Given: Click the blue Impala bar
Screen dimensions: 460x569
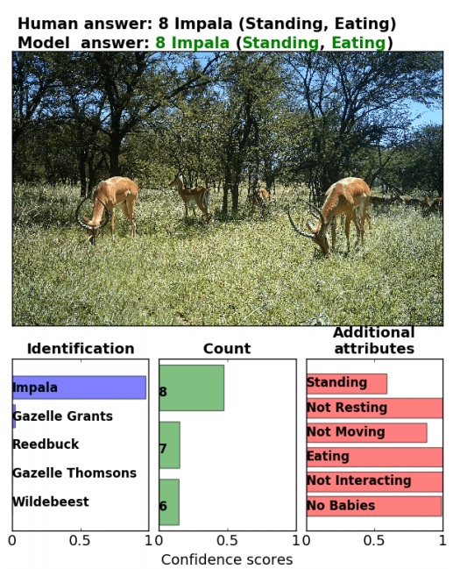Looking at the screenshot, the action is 79,388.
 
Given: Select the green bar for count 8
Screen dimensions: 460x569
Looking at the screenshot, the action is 192,388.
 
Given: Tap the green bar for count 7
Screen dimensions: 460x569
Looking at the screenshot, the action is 169,445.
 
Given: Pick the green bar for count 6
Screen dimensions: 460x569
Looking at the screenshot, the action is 169,501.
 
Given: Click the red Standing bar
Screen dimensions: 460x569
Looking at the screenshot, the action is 347,383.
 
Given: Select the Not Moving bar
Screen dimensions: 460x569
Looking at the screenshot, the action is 367,432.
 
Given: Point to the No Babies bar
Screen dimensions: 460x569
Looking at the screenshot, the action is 374,506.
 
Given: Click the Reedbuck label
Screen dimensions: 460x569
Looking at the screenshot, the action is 46,445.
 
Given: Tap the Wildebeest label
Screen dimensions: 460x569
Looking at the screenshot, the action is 51,501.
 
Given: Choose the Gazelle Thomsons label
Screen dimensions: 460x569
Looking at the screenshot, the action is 74,473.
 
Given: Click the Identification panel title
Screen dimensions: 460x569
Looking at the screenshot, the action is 81,348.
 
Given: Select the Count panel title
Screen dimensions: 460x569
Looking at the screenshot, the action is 227,348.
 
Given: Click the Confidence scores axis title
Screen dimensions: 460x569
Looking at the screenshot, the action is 227,559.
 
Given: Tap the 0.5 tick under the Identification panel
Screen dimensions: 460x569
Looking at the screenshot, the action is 80,541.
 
